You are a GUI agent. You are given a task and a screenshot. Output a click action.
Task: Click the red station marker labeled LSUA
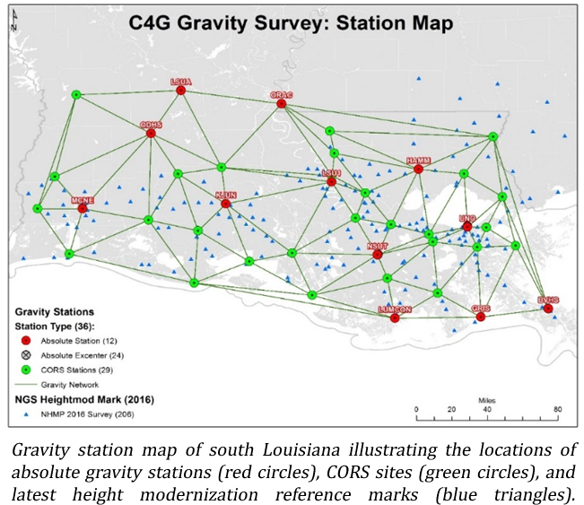181,90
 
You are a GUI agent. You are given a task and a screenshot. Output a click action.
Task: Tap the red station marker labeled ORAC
282,104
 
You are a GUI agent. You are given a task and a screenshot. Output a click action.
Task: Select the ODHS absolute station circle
151,134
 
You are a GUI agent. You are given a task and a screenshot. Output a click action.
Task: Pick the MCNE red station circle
83,209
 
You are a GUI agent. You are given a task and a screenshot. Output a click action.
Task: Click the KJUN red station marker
226,204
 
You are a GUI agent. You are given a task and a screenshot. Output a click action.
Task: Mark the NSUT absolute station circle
378,254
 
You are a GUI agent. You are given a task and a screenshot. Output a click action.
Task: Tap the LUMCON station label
395,309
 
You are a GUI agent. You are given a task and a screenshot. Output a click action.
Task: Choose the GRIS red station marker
481,317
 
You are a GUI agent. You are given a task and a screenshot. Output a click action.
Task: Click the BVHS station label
547,299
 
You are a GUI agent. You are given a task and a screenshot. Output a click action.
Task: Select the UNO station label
466,218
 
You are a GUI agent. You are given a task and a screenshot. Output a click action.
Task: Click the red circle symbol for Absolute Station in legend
26,342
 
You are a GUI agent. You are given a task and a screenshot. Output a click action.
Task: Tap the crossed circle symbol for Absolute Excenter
26,356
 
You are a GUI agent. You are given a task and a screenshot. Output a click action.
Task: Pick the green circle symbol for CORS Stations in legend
26,370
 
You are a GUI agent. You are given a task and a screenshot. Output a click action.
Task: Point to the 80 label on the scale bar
557,410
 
